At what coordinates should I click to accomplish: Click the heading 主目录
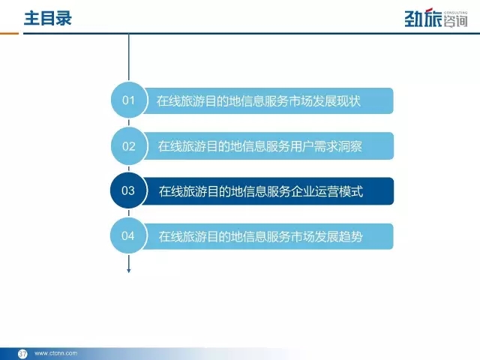48,18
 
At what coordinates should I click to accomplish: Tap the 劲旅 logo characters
423,18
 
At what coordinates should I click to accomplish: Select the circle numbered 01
129,100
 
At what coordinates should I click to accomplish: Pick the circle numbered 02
129,146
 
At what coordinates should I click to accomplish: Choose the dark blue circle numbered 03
128,190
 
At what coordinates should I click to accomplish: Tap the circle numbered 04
128,235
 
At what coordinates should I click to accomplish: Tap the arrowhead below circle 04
128,270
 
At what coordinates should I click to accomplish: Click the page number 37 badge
22,354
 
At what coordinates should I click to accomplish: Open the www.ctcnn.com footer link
56,353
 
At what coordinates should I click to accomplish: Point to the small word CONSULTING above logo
455,13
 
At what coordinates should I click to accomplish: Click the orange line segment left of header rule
9,33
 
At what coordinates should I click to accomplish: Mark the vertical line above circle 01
128,58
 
